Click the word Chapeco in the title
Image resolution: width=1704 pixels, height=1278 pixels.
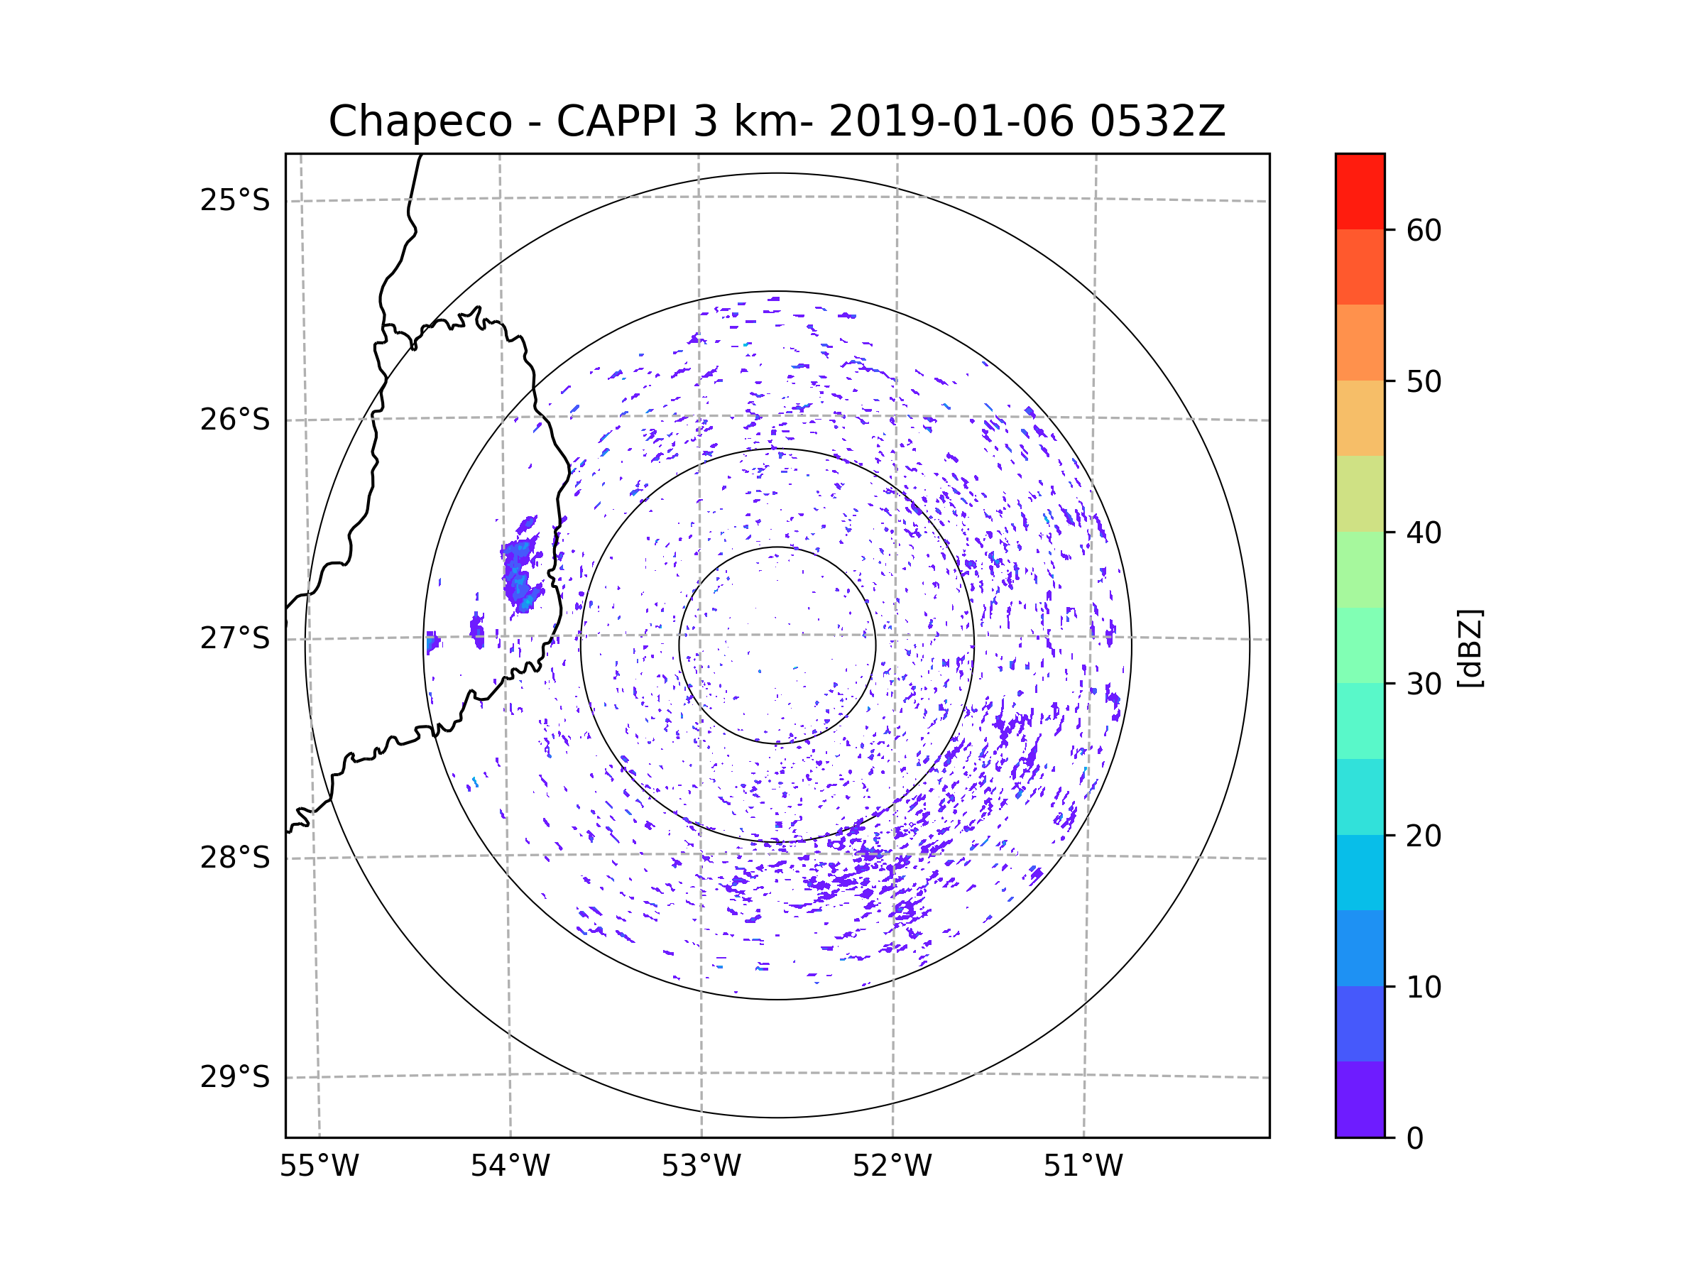[x=420, y=121]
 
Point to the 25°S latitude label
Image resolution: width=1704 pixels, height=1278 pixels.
[x=235, y=200]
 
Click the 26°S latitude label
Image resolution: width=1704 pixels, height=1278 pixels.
[x=235, y=420]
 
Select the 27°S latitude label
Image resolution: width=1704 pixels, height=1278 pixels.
[x=235, y=638]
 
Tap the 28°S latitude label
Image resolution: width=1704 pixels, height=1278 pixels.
[x=235, y=858]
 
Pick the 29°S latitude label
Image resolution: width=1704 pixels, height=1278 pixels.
[x=235, y=1077]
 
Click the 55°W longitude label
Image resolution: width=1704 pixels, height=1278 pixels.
[x=319, y=1167]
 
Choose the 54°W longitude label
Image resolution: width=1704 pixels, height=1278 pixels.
[x=510, y=1167]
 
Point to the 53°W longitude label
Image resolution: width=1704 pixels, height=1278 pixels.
[x=701, y=1167]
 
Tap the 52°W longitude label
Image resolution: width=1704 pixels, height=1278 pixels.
[x=892, y=1167]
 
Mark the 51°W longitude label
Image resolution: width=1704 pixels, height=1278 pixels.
[x=1083, y=1167]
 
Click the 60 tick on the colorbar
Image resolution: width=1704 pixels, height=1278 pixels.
[x=1424, y=230]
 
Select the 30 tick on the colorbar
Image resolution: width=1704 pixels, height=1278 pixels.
[x=1424, y=684]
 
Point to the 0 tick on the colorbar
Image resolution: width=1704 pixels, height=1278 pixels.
[x=1415, y=1139]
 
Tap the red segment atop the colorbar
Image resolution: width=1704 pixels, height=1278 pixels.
[x=1360, y=191]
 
